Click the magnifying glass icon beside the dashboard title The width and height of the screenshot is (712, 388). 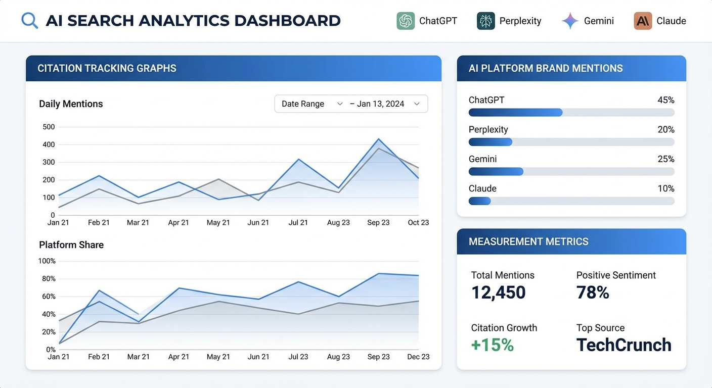point(30,21)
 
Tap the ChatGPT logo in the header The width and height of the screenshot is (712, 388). point(406,21)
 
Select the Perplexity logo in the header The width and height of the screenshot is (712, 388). point(485,21)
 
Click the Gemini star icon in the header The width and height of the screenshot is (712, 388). point(570,21)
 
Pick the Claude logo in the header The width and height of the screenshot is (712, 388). point(643,21)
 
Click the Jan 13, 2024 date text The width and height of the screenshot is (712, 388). point(380,104)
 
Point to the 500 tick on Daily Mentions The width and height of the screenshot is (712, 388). point(49,127)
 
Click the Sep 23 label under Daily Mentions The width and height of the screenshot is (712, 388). point(378,222)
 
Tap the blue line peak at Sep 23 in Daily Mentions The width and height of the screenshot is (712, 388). point(378,139)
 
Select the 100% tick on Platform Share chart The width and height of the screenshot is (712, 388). point(47,261)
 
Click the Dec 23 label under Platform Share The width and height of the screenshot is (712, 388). point(418,357)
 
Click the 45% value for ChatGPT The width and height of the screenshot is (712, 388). point(665,100)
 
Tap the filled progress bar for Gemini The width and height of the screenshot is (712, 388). point(496,172)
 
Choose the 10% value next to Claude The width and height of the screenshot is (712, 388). point(665,188)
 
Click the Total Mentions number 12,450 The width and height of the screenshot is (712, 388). point(498,293)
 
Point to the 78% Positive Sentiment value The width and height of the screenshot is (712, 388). point(593,293)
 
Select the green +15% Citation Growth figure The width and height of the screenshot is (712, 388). point(492,345)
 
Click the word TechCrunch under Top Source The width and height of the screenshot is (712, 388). point(624,345)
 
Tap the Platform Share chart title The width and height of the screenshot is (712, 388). point(71,245)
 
